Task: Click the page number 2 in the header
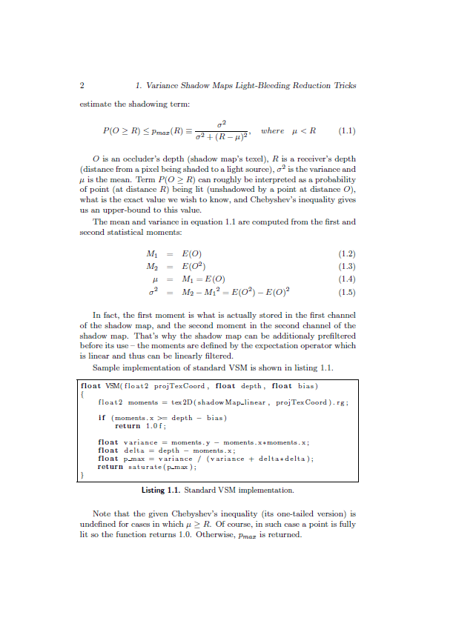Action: tap(82, 85)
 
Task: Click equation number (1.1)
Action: tap(346, 131)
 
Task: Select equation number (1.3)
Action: tap(346, 266)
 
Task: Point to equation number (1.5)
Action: tap(346, 290)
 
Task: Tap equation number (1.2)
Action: tap(346, 253)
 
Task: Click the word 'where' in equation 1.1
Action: tap(272, 131)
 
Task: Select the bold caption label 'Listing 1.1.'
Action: tap(160, 491)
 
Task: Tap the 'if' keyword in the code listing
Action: tap(102, 417)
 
